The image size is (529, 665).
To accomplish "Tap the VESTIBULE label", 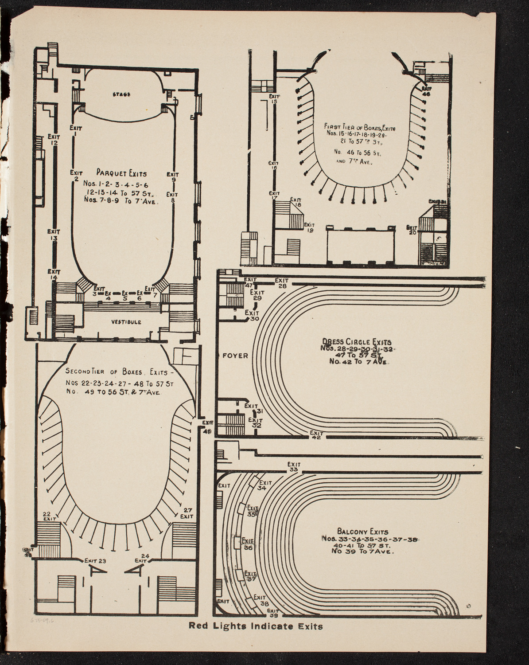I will tap(126, 322).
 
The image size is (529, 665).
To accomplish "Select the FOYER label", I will tap(235, 356).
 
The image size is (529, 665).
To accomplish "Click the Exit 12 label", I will tap(54, 140).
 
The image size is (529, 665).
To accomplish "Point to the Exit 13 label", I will tap(54, 234).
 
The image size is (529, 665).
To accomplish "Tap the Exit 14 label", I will tap(54, 274).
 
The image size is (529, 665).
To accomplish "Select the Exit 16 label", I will tap(273, 165).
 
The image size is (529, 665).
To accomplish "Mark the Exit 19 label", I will tap(309, 227).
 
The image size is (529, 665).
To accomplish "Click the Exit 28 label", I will tap(282, 283).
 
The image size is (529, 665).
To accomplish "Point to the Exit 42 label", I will tap(316, 435).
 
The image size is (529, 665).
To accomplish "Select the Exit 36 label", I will tap(248, 544).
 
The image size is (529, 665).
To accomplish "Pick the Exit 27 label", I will tap(187, 513).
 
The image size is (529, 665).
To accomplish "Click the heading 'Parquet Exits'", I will tap(121, 174).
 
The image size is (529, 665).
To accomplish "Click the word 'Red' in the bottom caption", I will tap(198, 626).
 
